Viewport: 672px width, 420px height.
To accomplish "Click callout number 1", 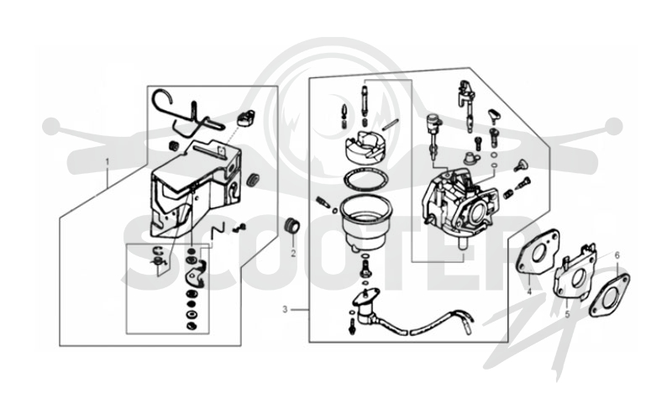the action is (x=108, y=162).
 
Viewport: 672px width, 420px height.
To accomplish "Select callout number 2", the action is (x=293, y=254).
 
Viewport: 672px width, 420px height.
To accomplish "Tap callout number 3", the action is (x=285, y=309).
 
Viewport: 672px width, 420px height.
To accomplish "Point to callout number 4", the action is (x=529, y=291).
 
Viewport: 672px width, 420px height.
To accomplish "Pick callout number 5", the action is (x=568, y=314).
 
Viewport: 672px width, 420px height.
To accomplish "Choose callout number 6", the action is (x=617, y=255).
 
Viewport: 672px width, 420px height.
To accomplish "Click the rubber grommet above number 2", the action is (x=293, y=226).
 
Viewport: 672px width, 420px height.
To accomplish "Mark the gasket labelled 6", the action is (x=609, y=295).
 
